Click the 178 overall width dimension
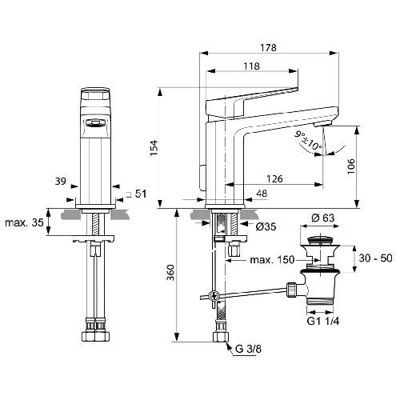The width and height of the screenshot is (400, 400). [269, 48]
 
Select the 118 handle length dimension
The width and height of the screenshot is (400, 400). [251, 66]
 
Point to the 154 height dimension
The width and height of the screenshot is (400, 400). [154, 148]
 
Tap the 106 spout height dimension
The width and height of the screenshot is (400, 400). [351, 166]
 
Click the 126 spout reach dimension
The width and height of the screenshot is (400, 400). [274, 178]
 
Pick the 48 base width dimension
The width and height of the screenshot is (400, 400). [262, 194]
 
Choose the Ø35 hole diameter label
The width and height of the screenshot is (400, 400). [266, 226]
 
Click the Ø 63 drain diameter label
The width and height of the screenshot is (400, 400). [322, 218]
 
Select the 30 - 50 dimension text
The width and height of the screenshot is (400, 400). [375, 258]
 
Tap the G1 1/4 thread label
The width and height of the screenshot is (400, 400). [323, 321]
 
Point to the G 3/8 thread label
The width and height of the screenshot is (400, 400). [249, 349]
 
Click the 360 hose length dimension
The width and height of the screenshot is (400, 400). [170, 273]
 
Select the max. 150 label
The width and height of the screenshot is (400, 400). [272, 259]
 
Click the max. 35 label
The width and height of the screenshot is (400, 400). [24, 222]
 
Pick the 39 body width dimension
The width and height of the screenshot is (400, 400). [61, 182]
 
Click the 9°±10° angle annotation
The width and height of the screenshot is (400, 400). [308, 140]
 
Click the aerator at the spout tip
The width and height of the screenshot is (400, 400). [322, 124]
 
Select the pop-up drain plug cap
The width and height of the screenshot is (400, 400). [320, 239]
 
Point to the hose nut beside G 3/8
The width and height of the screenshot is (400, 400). [221, 337]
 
